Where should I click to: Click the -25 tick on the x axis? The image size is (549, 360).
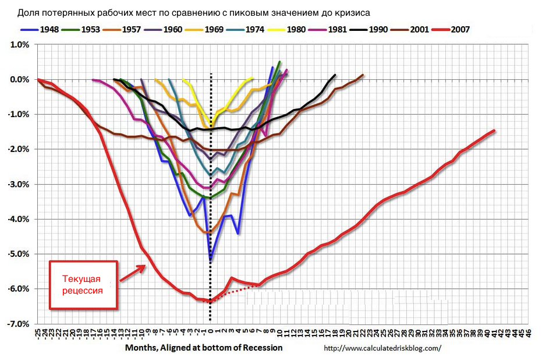coord(38,335)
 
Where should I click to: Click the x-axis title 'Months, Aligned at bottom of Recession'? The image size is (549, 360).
coord(204,348)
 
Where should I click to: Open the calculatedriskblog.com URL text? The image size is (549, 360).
coord(382,348)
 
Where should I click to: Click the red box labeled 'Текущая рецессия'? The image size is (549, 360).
coord(83,285)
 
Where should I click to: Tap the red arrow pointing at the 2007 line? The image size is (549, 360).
coord(133,273)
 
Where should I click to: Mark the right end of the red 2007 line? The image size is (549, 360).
coord(494,130)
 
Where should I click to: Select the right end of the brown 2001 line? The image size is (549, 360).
coord(363,75)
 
